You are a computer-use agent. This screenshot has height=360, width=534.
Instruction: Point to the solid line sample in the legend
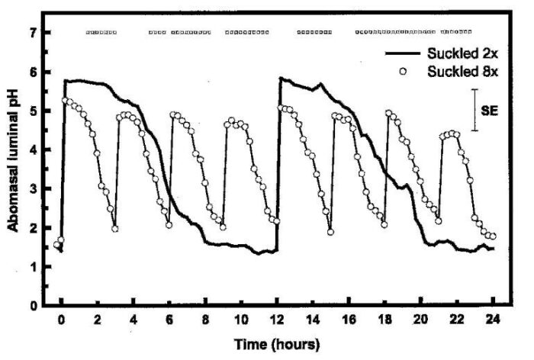[404, 55]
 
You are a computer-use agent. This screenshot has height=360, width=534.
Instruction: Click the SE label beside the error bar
[489, 111]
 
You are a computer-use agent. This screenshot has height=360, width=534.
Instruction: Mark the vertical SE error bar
[474, 111]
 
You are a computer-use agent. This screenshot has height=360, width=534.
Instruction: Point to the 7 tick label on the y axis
[33, 33]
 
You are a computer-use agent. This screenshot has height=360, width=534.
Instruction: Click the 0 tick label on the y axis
[33, 306]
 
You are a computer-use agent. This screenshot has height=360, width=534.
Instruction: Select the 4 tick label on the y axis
[33, 150]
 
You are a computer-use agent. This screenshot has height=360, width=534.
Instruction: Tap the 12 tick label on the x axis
[277, 321]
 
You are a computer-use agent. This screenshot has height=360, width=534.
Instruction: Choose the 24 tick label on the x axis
[492, 321]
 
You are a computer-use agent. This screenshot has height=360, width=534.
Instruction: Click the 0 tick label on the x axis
[62, 321]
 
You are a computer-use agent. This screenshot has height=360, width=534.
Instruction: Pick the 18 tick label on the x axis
[384, 321]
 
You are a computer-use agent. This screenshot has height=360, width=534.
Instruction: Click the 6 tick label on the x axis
[169, 321]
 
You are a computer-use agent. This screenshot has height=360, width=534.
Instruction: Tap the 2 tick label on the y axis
[33, 228]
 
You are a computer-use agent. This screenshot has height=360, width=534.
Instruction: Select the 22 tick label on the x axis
[456, 321]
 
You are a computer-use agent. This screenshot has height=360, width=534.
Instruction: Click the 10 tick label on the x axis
[241, 321]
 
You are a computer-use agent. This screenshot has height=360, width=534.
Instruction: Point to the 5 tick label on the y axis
[33, 111]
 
